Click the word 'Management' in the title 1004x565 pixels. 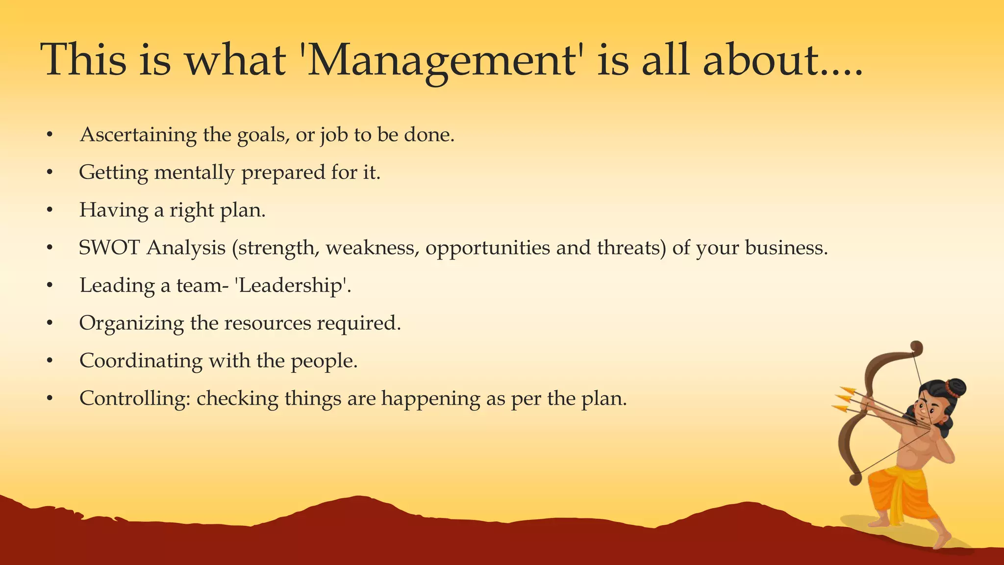pos(441,60)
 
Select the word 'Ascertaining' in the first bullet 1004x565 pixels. pos(138,135)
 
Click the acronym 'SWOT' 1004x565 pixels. pos(109,248)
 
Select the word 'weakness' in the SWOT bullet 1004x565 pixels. pos(372,248)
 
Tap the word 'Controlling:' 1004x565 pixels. pos(135,398)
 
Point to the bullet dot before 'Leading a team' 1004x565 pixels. pos(50,285)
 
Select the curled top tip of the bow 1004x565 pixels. pos(916,348)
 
